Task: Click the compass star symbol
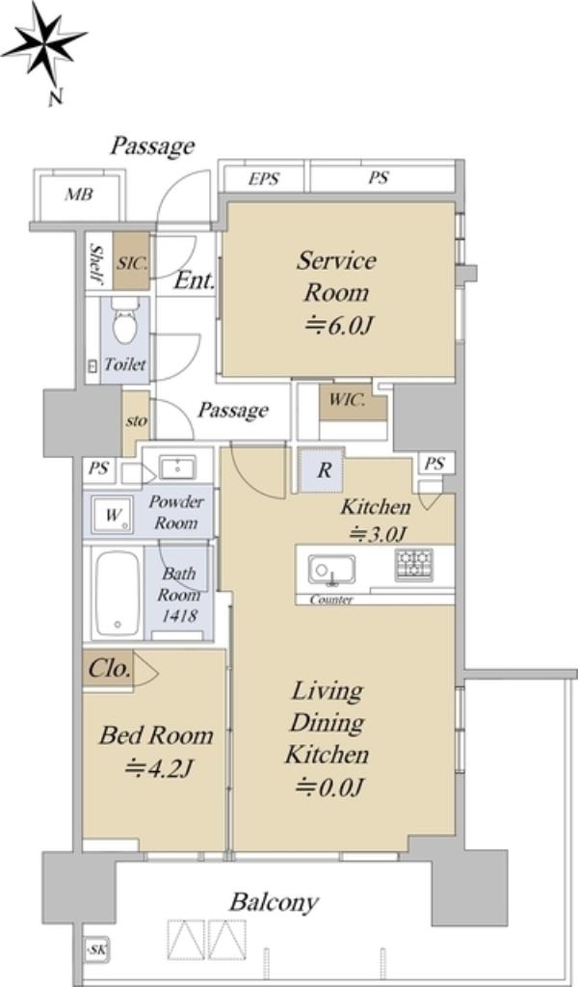pos(44,45)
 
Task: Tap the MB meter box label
pos(79,195)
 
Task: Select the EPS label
pos(263,178)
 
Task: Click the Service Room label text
pos(336,277)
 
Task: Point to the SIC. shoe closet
pos(132,262)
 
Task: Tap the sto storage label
pos(136,420)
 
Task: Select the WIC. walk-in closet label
pos(347,400)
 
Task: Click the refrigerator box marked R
pos(323,470)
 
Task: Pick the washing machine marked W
pos(112,516)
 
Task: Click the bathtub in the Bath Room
pos(118,594)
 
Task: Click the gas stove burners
pos(414,565)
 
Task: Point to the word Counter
pos(330,600)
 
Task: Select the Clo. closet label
pos(110,668)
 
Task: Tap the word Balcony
pos(274,902)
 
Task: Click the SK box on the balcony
pos(97,949)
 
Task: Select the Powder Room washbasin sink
pos(176,467)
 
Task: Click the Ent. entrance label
pos(195,280)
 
